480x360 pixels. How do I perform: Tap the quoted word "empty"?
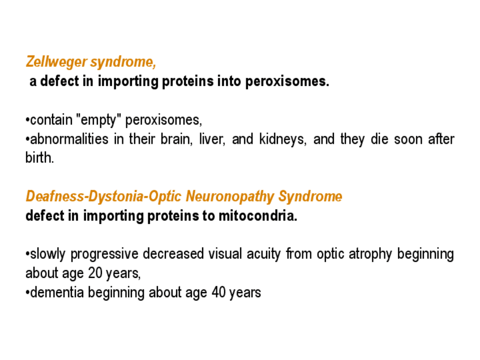pyautogui.click(x=99, y=120)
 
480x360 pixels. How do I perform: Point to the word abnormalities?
pyautogui.click(x=69, y=139)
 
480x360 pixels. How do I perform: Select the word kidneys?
pyautogui.click(x=282, y=140)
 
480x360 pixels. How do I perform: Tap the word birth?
pyautogui.click(x=40, y=158)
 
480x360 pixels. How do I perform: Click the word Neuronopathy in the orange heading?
pyautogui.click(x=230, y=196)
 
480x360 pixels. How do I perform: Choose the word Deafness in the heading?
pyautogui.click(x=55, y=196)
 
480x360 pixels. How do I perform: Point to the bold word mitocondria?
pyautogui.click(x=258, y=216)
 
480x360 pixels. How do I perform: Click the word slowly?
pyautogui.click(x=48, y=254)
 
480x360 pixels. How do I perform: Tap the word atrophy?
pyautogui.click(x=370, y=254)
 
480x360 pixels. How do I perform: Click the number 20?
pyautogui.click(x=95, y=273)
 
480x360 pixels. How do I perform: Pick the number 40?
pyautogui.click(x=218, y=292)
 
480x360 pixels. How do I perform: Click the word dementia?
pyautogui.click(x=57, y=292)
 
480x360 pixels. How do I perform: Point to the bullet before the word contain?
pyautogui.click(x=28, y=121)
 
